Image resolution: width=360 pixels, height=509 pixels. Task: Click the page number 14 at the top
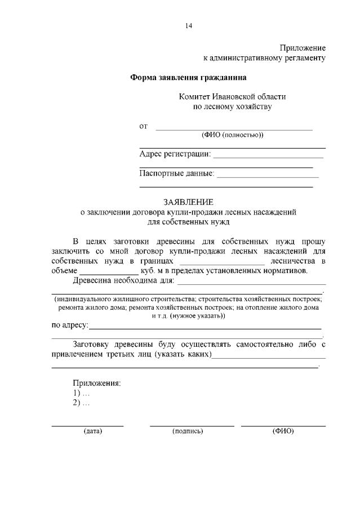coord(189,25)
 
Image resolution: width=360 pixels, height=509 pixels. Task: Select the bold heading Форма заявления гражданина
coord(189,77)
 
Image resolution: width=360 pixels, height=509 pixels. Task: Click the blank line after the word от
coord(234,129)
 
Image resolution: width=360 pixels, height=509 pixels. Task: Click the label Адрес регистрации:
coord(175,154)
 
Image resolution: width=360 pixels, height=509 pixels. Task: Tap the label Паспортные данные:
coord(177,174)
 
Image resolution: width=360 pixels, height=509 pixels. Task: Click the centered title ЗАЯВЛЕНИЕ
coord(189,202)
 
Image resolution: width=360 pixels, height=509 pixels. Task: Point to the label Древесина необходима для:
coord(124,280)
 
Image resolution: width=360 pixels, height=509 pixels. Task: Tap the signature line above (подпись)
coord(192,426)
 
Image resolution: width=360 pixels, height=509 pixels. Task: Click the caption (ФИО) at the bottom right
coord(283,431)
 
